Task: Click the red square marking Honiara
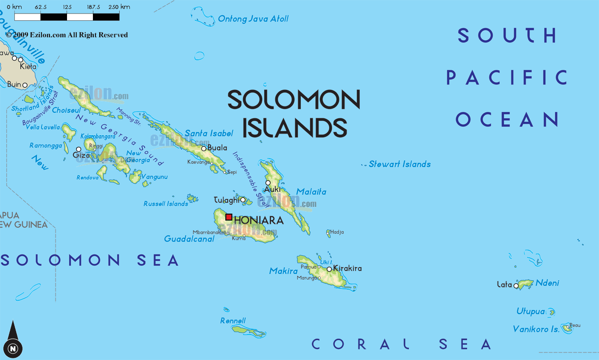click(229, 217)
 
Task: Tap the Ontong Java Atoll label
click(253, 19)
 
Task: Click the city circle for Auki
click(268, 183)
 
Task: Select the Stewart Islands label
click(399, 164)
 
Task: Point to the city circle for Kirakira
click(329, 269)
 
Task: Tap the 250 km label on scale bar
click(119, 7)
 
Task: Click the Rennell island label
click(233, 321)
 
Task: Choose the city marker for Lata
click(516, 286)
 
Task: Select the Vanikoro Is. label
click(536, 329)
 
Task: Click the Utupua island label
click(530, 311)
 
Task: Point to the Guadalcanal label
click(189, 239)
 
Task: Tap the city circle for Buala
click(204, 148)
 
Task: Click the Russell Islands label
click(165, 204)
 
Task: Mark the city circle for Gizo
click(78, 149)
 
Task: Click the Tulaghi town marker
click(243, 200)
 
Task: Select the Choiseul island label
click(66, 110)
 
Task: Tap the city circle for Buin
click(25, 85)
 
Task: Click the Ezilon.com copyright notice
click(67, 35)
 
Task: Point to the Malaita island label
click(311, 192)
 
